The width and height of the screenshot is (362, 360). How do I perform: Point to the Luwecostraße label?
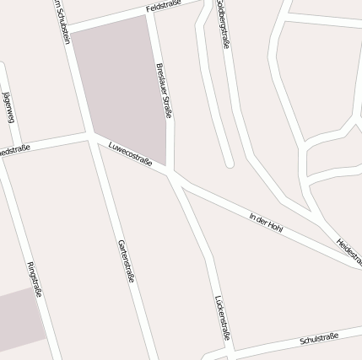tap(130, 153)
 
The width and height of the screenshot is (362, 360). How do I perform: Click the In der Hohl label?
tap(265, 223)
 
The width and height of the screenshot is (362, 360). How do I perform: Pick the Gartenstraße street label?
tap(125, 260)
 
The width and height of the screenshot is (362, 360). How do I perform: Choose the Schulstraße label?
tap(319, 339)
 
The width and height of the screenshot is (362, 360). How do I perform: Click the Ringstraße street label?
tap(35, 280)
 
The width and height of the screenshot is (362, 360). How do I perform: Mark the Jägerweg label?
tap(9, 106)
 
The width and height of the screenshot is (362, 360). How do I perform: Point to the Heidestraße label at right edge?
tap(348, 252)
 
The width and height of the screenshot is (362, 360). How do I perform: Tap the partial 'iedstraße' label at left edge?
tap(15, 150)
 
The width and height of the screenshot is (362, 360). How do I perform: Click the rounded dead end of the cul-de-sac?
tap(229, 162)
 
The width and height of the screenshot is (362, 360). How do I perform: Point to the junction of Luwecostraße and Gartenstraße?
tap(90, 136)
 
